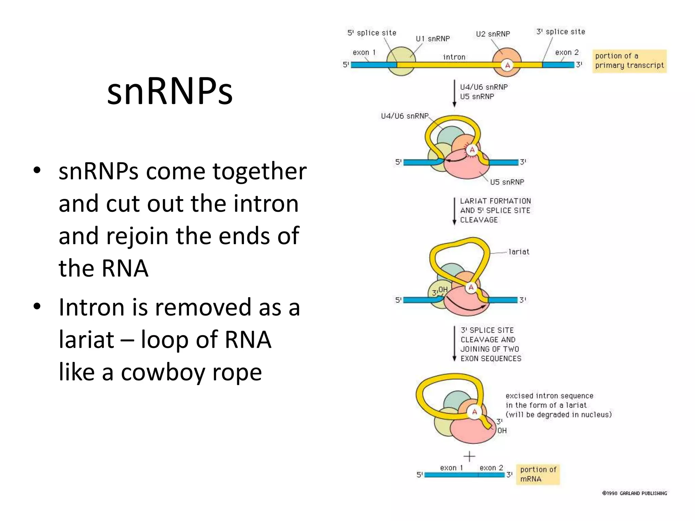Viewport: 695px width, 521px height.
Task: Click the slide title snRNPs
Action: (x=170, y=91)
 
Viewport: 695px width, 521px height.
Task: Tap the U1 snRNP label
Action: (x=433, y=39)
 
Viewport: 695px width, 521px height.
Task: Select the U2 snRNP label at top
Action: (x=493, y=34)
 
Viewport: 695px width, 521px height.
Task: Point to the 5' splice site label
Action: (x=372, y=33)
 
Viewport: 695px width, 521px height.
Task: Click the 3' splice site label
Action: (x=561, y=32)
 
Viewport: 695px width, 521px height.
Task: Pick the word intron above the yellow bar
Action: (x=454, y=57)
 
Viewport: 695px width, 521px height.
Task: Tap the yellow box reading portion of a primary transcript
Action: (x=629, y=61)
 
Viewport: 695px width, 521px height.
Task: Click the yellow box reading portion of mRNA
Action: (x=538, y=474)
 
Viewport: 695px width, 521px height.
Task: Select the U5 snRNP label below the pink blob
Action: (x=507, y=182)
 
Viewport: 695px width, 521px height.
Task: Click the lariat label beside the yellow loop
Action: (x=519, y=252)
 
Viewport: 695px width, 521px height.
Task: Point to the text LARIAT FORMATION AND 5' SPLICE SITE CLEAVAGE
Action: (x=495, y=210)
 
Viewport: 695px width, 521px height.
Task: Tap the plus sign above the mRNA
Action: (x=469, y=456)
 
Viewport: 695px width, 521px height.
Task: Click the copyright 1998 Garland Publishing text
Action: (x=634, y=493)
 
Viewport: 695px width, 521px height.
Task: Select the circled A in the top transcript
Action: (x=507, y=65)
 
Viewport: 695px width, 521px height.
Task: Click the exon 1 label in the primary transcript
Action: (x=364, y=53)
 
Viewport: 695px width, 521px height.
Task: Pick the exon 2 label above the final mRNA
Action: (x=491, y=468)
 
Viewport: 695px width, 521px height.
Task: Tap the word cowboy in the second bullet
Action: (x=163, y=372)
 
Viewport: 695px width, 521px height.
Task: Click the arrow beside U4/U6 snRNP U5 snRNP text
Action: (x=454, y=93)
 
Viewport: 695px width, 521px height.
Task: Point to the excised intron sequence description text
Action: (x=558, y=405)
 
